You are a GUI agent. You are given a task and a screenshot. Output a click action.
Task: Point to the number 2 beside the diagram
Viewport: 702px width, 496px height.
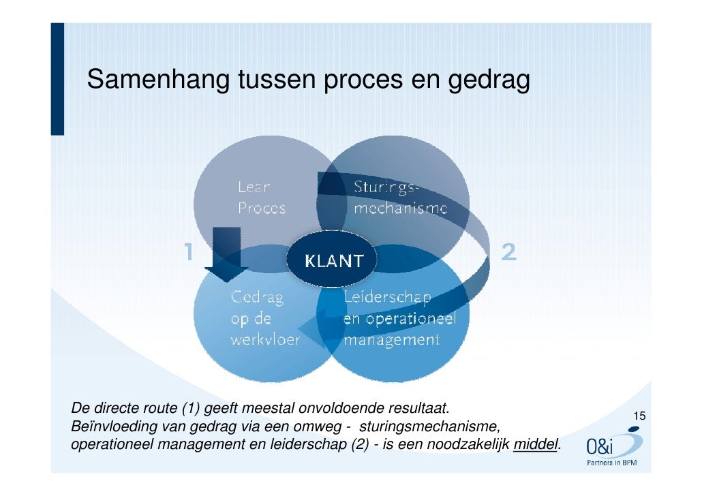pyautogui.click(x=508, y=253)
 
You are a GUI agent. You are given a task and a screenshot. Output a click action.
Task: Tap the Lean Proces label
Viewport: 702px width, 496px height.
pyautogui.click(x=262, y=197)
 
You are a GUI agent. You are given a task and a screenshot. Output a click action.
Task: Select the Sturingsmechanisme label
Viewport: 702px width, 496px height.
pyautogui.click(x=399, y=197)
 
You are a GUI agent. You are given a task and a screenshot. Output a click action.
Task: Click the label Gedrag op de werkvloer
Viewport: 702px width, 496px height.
pyautogui.click(x=264, y=317)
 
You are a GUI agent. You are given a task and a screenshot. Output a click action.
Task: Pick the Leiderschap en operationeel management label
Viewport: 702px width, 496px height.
pyautogui.click(x=399, y=317)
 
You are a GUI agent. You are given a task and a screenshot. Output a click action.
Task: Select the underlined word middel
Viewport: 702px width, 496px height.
pyautogui.click(x=536, y=445)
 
